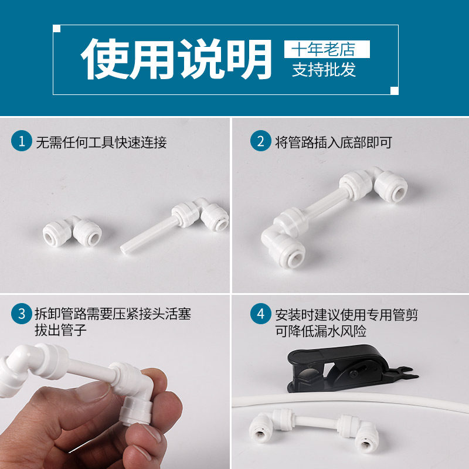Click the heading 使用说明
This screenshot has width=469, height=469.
pos(176,59)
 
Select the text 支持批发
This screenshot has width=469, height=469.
pos(324,70)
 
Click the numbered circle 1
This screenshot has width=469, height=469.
pos(22,141)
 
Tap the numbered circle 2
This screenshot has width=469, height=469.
pos(260,141)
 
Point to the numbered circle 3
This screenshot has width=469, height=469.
pos(22,314)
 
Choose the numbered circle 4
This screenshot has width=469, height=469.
pos(260,314)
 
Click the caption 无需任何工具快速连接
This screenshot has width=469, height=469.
pos(101,142)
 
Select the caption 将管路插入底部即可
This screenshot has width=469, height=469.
pos(334,142)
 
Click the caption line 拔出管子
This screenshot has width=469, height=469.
pos(60,330)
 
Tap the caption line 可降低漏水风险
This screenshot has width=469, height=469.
pos(321,331)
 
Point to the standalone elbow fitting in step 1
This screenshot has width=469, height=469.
pos(72,232)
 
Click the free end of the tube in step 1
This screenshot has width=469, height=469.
pos(124,250)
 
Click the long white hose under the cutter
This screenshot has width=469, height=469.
pos(350,401)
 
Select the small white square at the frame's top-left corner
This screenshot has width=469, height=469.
pos(56,28)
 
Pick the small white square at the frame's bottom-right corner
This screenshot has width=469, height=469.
pos(395,91)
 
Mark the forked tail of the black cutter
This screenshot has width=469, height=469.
pos(407,374)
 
